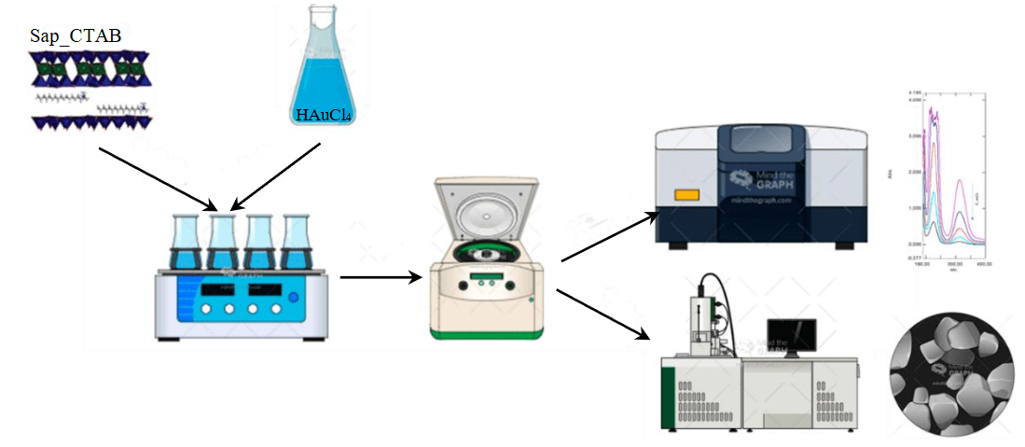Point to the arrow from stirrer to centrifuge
pos(379,277)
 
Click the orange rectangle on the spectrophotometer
pos(687,196)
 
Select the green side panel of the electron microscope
pos(668,397)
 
